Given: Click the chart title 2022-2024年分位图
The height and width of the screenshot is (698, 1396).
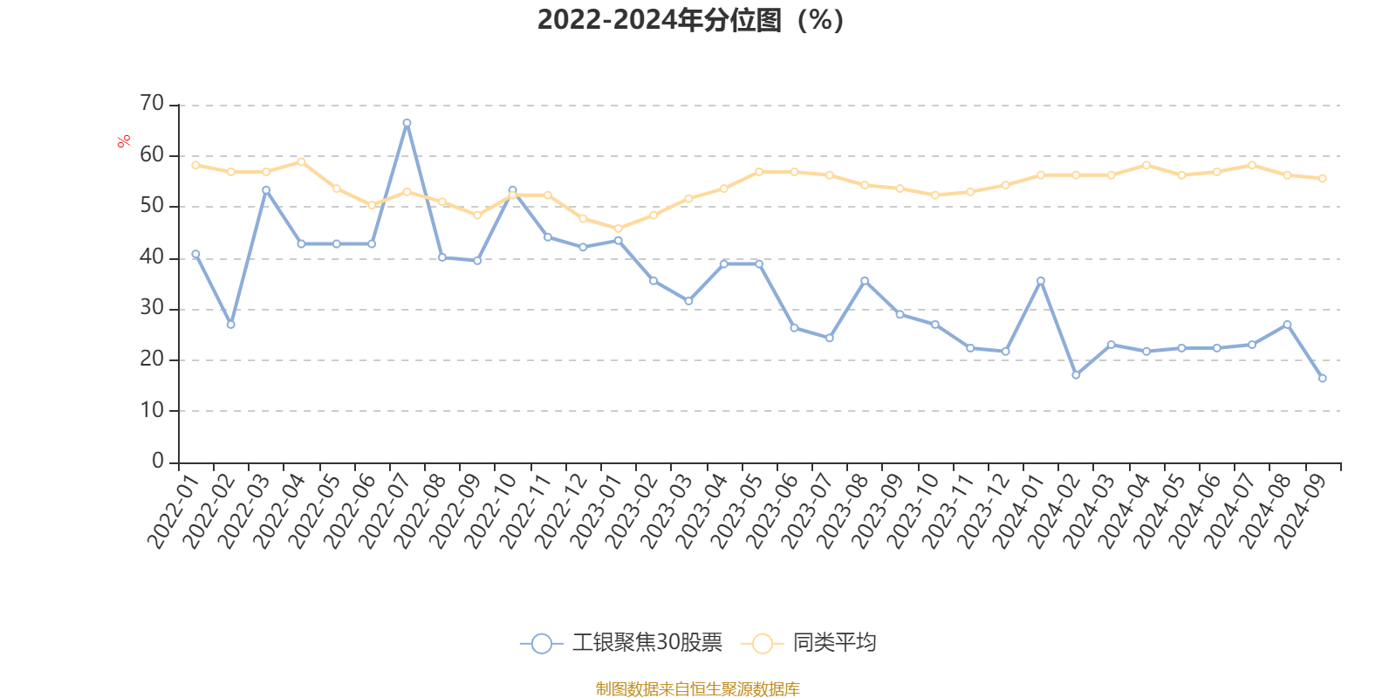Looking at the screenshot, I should click(x=689, y=19).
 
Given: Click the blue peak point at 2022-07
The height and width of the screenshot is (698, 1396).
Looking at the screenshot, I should click(x=407, y=123).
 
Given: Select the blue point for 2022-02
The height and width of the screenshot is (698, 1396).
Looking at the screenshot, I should click(x=230, y=325).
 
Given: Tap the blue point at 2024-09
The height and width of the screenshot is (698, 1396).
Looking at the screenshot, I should click(x=1322, y=379).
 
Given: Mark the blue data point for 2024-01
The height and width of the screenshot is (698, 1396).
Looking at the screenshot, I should click(x=1040, y=281).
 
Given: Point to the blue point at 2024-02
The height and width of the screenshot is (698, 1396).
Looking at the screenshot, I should click(x=1076, y=375).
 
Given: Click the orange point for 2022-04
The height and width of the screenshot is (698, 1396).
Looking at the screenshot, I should click(x=301, y=161).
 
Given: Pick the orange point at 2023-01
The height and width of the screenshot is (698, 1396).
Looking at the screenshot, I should click(x=618, y=229).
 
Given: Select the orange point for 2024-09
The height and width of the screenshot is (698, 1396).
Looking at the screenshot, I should click(x=1322, y=178).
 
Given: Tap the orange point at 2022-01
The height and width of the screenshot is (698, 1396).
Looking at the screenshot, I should click(x=195, y=165).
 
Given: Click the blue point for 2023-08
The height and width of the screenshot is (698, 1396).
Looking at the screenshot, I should click(x=865, y=281).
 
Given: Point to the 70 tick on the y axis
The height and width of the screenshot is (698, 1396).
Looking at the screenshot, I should click(x=152, y=104).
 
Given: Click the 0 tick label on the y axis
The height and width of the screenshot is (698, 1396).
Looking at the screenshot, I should click(x=158, y=461).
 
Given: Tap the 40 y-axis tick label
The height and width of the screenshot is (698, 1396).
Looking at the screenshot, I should click(x=152, y=257).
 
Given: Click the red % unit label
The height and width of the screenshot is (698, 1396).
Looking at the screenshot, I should click(x=125, y=140).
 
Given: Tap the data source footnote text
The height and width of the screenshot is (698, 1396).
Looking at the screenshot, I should click(x=697, y=689).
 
